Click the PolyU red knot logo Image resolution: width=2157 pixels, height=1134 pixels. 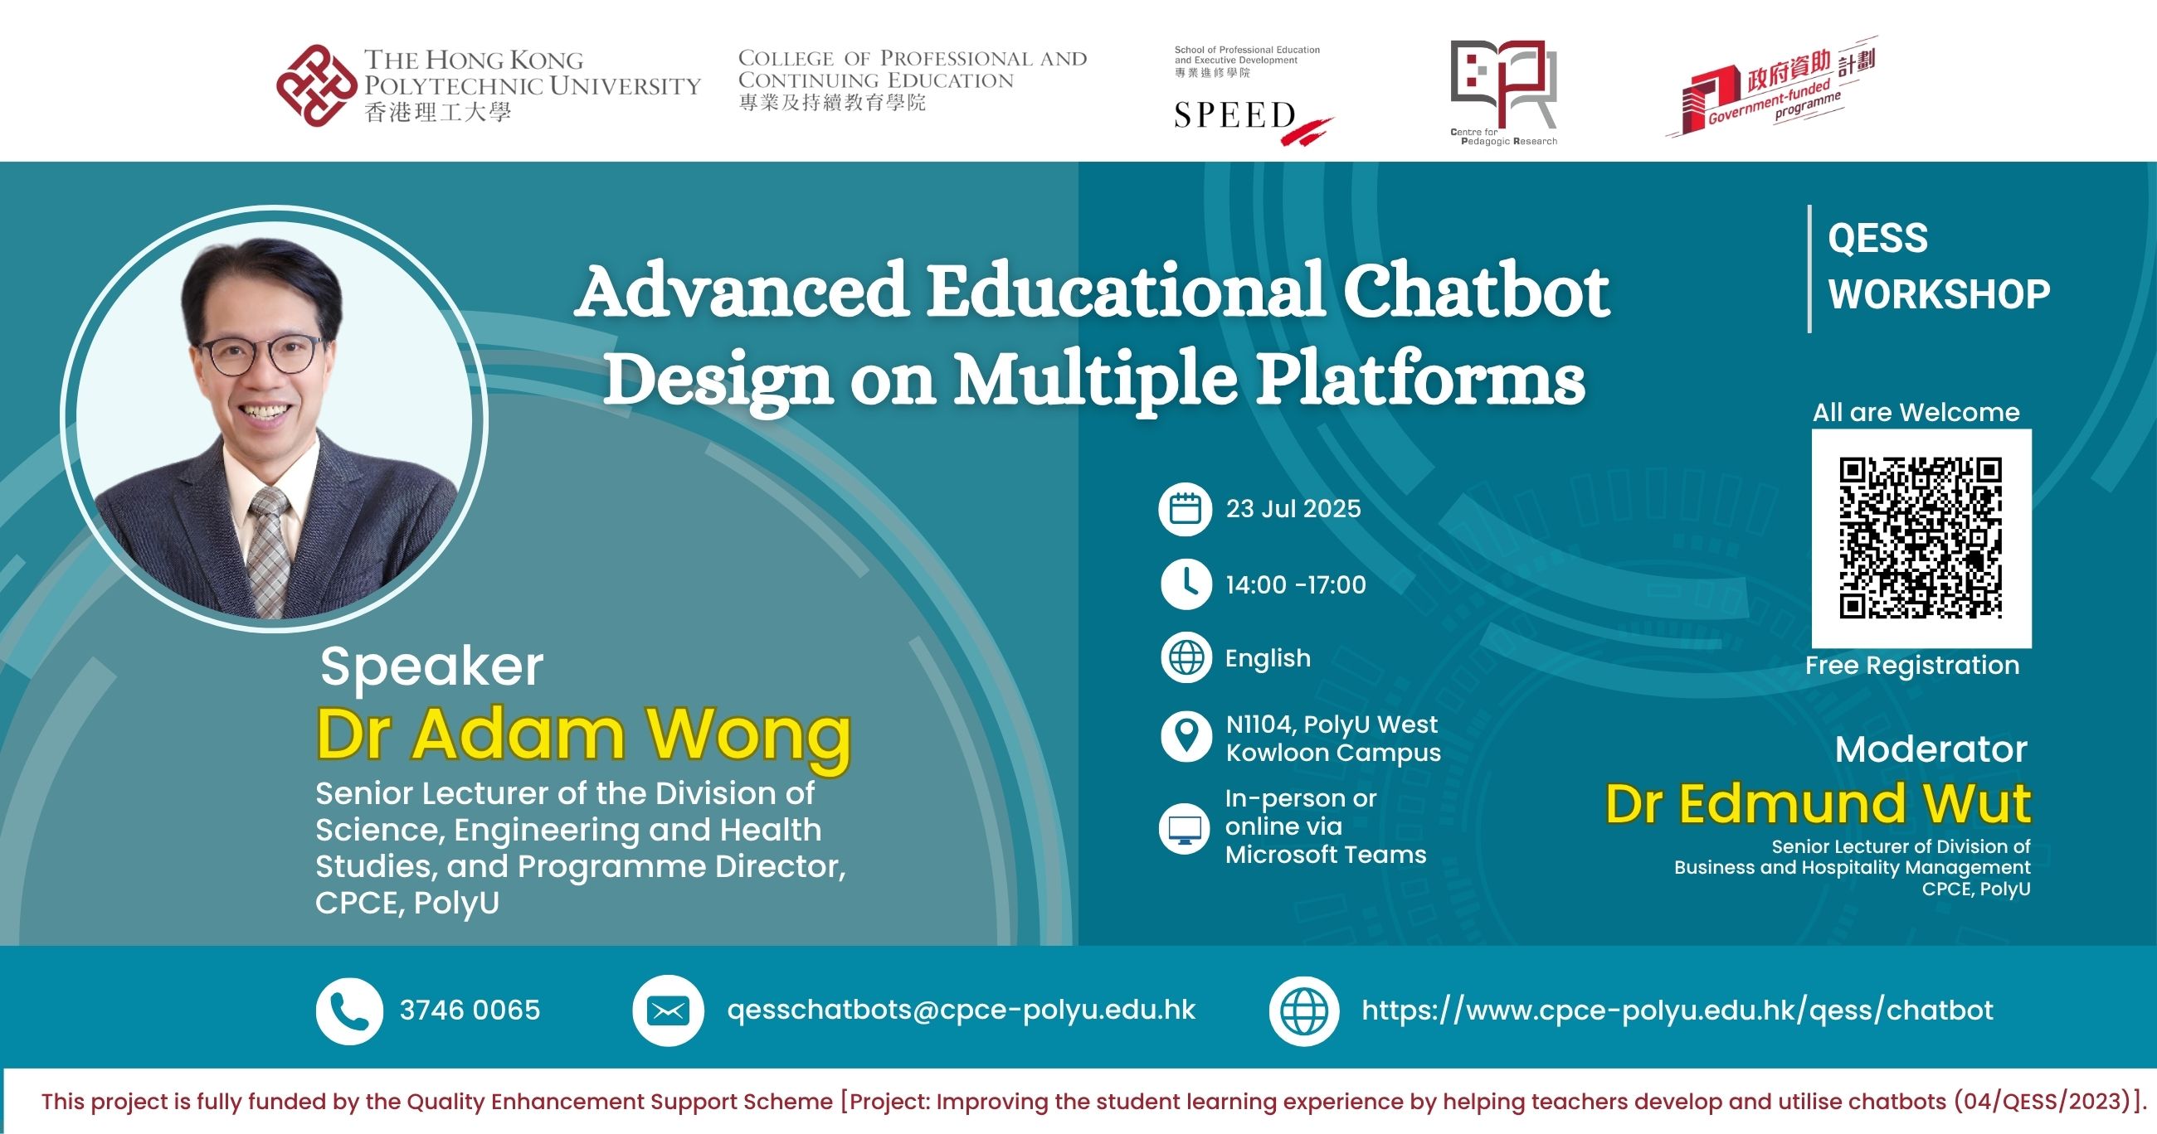click(x=317, y=85)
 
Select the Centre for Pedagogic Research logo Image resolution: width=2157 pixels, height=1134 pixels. click(x=1504, y=92)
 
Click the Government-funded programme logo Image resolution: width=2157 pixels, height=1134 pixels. click(x=1770, y=87)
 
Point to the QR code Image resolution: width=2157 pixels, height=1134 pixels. click(x=1921, y=538)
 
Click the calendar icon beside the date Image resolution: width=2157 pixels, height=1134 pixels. click(x=1185, y=509)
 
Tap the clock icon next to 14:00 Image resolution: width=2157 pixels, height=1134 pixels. click(x=1186, y=584)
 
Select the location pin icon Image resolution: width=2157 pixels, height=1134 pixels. click(x=1186, y=736)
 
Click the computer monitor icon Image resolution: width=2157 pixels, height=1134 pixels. click(x=1185, y=828)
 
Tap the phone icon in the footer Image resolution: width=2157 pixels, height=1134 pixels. click(x=349, y=1011)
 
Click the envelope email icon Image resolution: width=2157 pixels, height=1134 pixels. click(x=667, y=1011)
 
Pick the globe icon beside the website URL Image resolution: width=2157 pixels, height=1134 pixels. click(x=1305, y=1011)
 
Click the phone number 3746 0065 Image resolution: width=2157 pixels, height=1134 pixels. click(x=470, y=1010)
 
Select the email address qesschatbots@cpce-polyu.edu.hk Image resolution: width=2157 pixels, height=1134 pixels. click(x=962, y=1010)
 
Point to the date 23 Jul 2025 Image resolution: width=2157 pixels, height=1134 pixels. click(x=1293, y=508)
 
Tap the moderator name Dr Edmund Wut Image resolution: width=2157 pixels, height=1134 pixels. click(x=1818, y=803)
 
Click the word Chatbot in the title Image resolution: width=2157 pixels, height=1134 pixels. click(x=1476, y=291)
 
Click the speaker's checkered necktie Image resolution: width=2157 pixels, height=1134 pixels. click(x=270, y=552)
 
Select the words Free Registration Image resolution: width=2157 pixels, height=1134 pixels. click(x=1912, y=666)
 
